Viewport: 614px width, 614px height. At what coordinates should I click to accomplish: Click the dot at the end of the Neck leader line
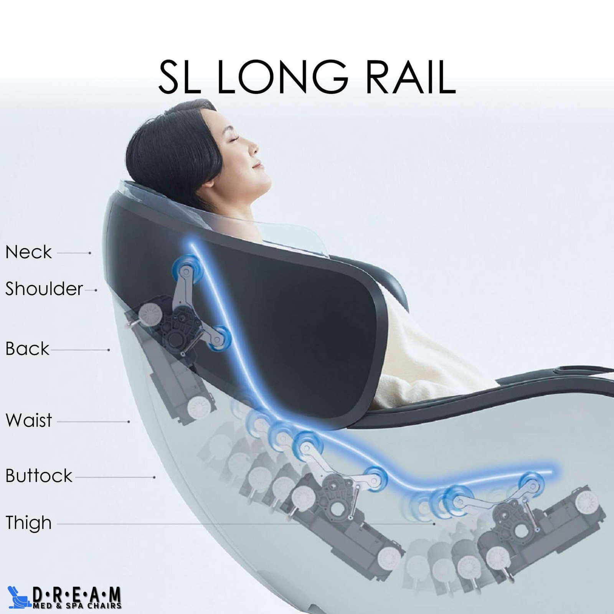pos(90,253)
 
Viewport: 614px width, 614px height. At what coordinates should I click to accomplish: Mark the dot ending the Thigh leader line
pos(434,523)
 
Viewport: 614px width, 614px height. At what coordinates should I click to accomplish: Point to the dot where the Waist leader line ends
pos(129,421)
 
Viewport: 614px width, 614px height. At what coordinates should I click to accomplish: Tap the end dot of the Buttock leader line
pos(154,477)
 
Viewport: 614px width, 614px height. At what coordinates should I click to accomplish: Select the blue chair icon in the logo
pos(19,597)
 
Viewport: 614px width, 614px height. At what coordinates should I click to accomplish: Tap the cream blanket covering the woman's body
pos(426,353)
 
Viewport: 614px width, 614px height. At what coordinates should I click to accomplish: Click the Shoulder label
pos(44,289)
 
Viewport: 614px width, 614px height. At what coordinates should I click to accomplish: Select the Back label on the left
pos(27,348)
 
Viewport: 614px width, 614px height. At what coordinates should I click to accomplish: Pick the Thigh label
pos(28,523)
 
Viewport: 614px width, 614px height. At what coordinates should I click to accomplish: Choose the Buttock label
pos(39,476)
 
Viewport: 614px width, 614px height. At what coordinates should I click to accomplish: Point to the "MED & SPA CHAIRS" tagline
pos(77,606)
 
